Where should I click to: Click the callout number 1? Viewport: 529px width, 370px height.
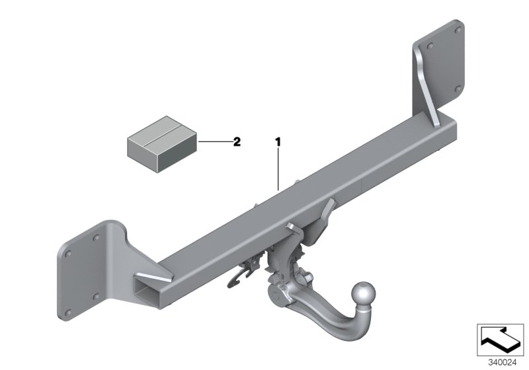[278, 141]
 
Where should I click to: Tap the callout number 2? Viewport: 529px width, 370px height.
[237, 141]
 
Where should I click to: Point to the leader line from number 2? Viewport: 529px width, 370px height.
[213, 141]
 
